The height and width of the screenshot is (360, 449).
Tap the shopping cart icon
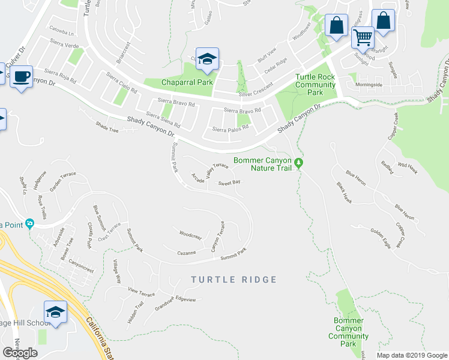pyautogui.click(x=363, y=38)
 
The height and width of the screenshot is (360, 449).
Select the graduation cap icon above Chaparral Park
pyautogui.click(x=208, y=59)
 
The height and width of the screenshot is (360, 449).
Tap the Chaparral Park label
pyautogui.click(x=187, y=82)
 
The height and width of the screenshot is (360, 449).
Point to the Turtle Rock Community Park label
pyautogui.click(x=315, y=85)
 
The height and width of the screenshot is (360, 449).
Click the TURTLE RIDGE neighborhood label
pyautogui.click(x=234, y=280)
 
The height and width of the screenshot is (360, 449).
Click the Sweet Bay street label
pyautogui.click(x=229, y=182)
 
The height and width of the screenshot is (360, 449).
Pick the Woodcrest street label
pyautogui.click(x=190, y=234)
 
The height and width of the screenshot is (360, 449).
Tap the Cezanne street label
pyautogui.click(x=187, y=253)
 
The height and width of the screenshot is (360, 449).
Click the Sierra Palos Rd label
pyautogui.click(x=230, y=129)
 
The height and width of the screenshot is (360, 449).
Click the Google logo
pyautogui.click(x=20, y=353)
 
